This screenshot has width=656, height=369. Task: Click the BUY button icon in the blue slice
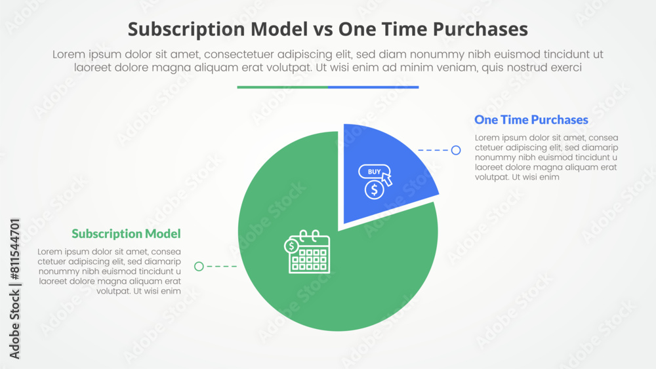[x=373, y=172]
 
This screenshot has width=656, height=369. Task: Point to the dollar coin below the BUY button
[x=374, y=190]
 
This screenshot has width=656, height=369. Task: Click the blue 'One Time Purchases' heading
[x=531, y=120]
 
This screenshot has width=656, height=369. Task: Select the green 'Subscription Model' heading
[x=126, y=234]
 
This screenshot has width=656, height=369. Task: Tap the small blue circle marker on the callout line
[x=456, y=150]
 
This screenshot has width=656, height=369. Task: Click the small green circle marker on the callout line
[x=199, y=266]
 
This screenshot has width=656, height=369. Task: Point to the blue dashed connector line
[x=433, y=150]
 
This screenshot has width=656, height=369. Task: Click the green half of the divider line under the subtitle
[x=282, y=87]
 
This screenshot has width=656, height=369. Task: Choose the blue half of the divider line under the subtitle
[x=373, y=87]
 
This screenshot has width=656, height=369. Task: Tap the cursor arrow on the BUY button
[x=387, y=178]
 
